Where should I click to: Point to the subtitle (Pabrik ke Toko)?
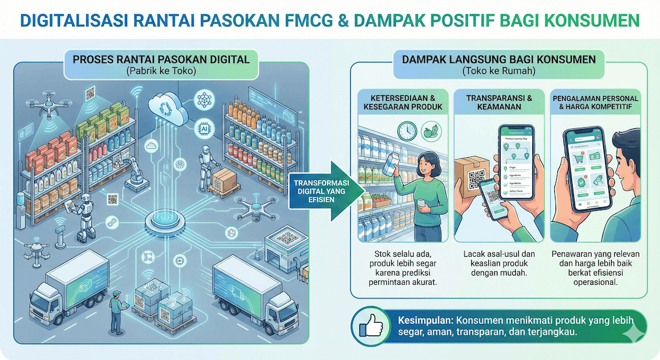pos(161,72)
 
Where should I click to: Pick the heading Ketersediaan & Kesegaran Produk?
pos(402,102)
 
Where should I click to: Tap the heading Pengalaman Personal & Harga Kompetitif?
pos(595,102)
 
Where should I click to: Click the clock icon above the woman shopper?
pos(406,130)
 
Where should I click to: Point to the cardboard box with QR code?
pos(474,177)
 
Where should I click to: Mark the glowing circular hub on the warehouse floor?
pos(166,221)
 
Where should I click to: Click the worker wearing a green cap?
pos(115,309)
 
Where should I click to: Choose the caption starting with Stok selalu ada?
pos(402,268)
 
